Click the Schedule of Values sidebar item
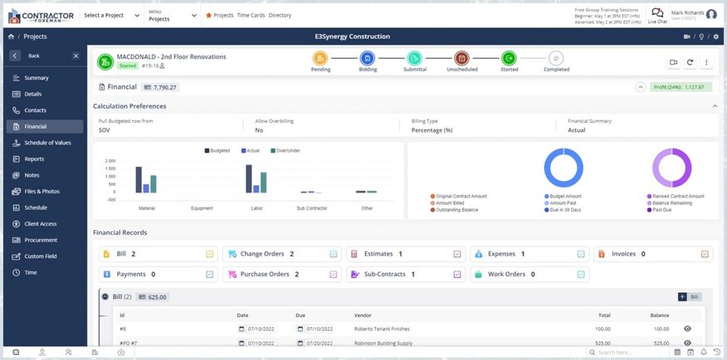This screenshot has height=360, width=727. coord(46,143)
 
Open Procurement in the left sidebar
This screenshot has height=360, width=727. coord(41,240)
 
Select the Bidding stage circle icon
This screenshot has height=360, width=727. coord(368,58)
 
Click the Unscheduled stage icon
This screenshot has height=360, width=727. coord(462,58)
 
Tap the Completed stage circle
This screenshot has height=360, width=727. coord(556,58)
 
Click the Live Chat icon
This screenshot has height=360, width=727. coord(656,14)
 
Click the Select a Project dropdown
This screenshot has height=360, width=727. coord(110,15)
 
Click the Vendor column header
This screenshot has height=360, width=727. coord(363,315)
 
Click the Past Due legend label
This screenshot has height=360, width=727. coord(661,210)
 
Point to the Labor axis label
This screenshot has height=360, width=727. coord(256,208)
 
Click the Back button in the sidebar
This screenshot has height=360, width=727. coord(33,56)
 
